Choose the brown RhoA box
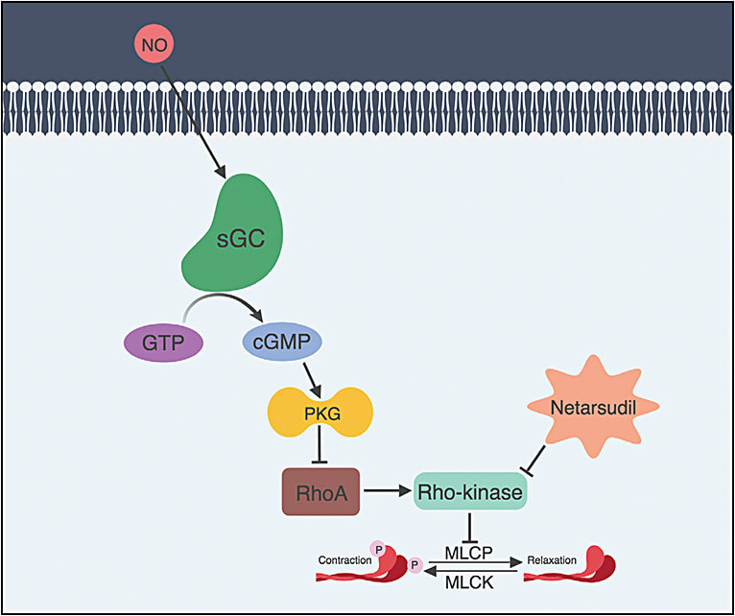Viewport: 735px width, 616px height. pos(319,492)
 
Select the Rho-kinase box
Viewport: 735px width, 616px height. pos(469,492)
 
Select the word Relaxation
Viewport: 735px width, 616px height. pos(556,558)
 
